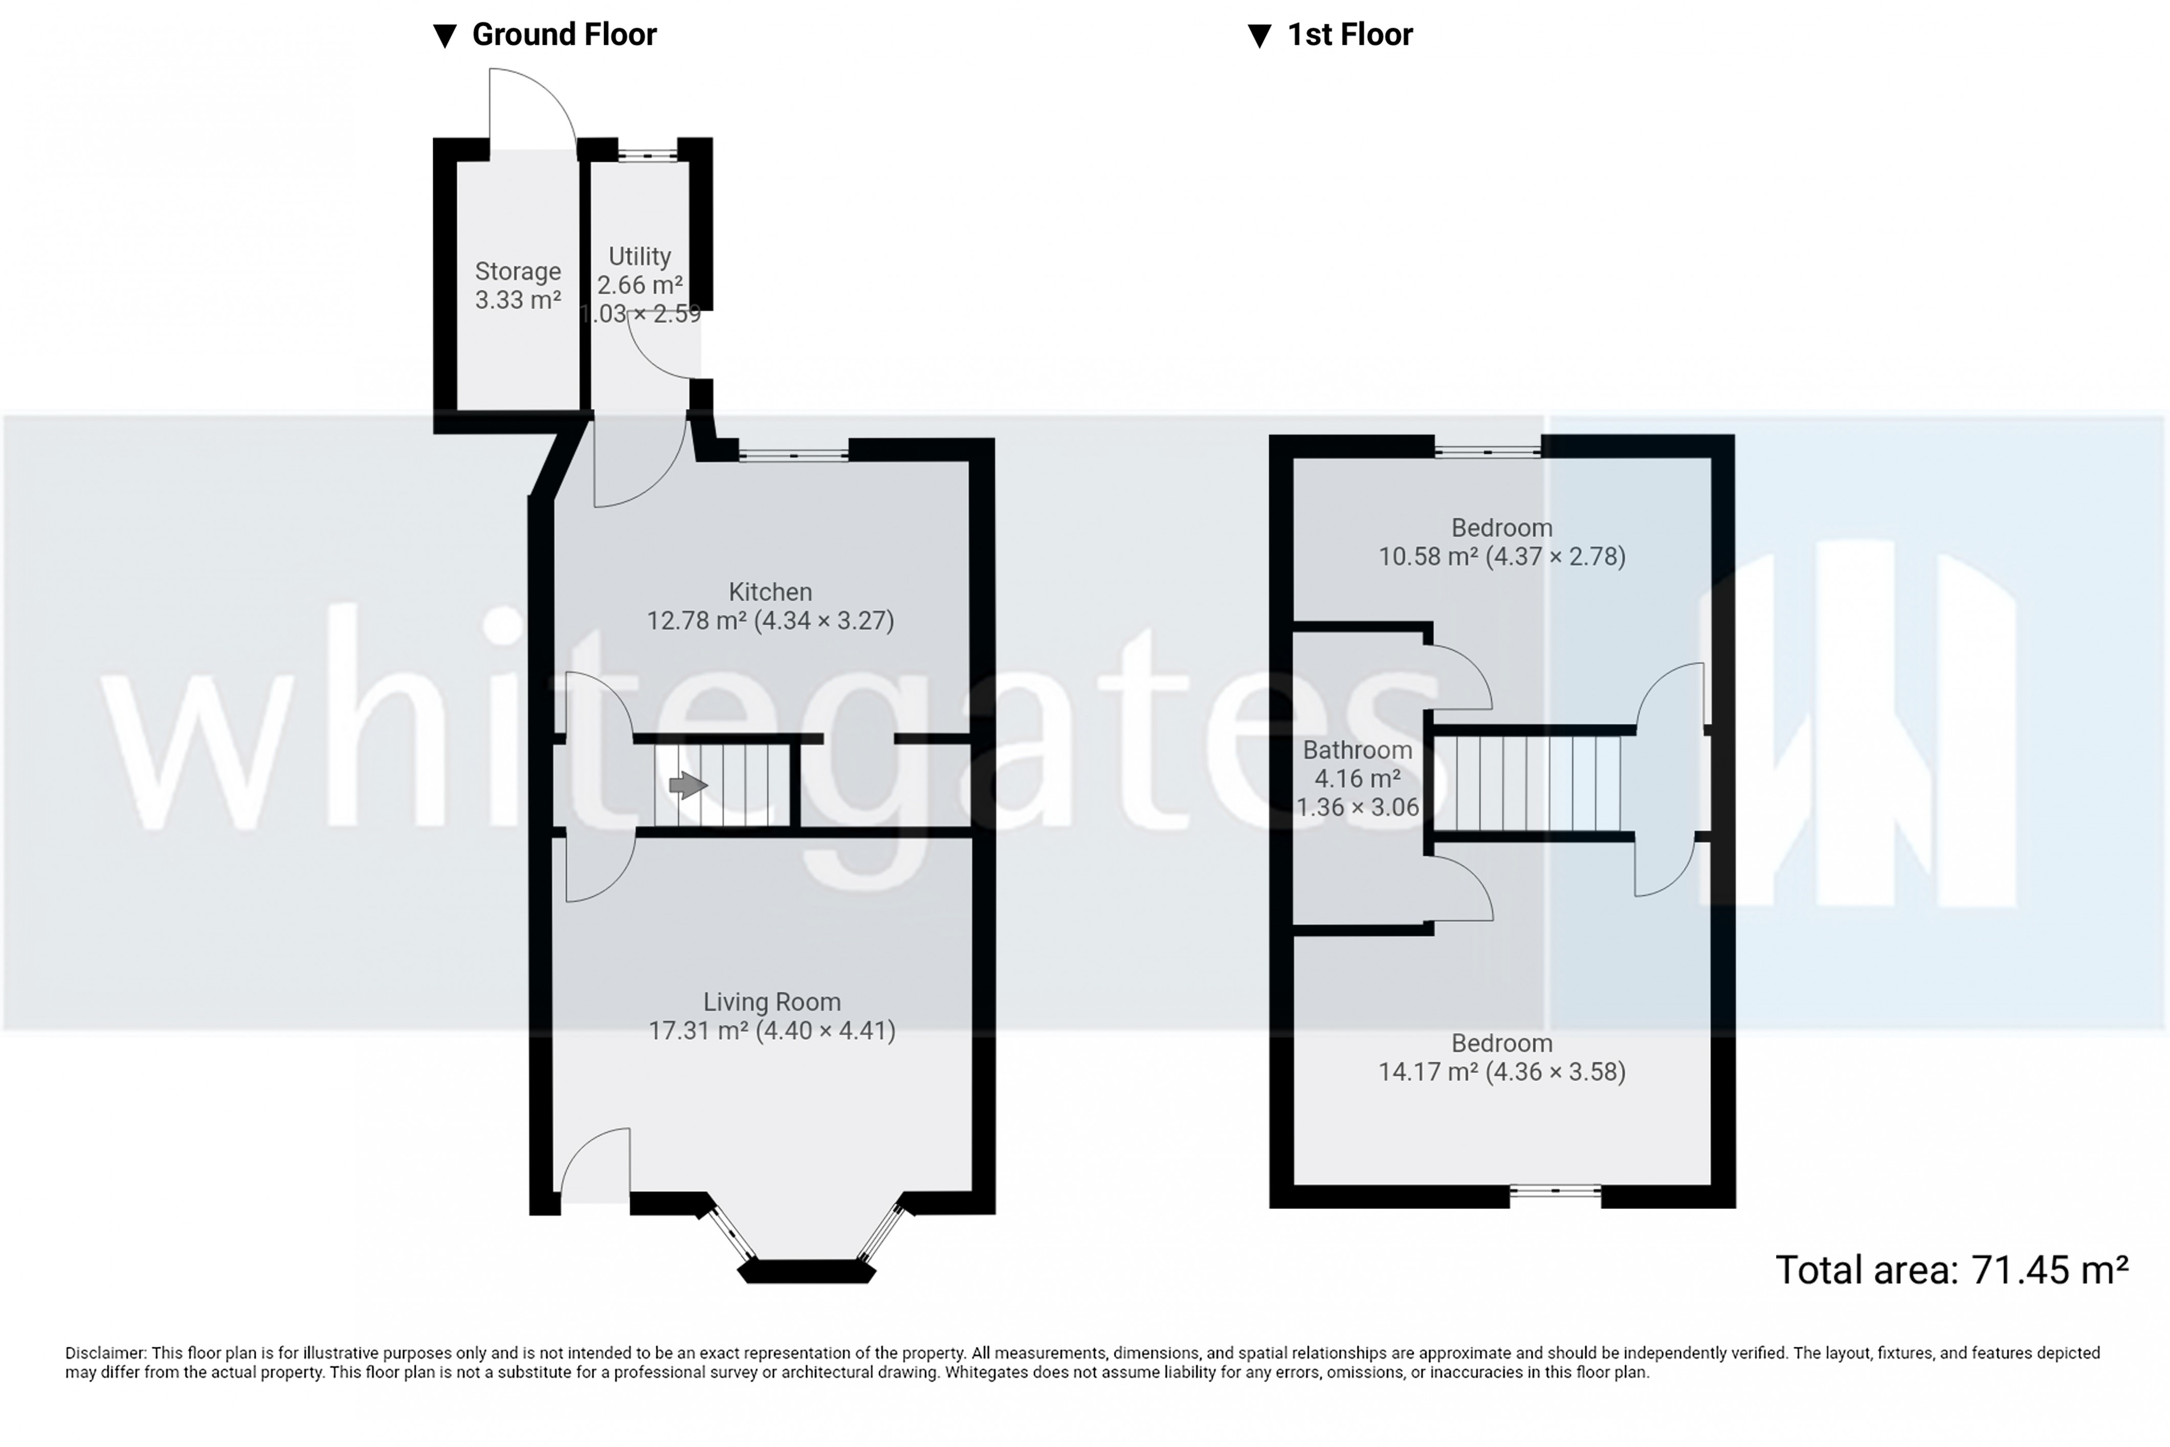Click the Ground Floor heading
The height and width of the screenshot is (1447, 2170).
pyautogui.click(x=564, y=35)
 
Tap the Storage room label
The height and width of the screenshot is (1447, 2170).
pyautogui.click(x=518, y=271)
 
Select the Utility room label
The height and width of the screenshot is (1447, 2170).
pyautogui.click(x=639, y=256)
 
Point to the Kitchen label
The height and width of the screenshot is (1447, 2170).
pyautogui.click(x=770, y=591)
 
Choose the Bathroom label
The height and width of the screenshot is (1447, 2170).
pyautogui.click(x=1357, y=750)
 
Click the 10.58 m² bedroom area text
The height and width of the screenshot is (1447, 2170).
pyautogui.click(x=1501, y=557)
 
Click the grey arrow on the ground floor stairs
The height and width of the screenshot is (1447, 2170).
pyautogui.click(x=688, y=785)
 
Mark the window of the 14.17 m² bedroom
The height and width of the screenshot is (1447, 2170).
pyautogui.click(x=1556, y=1191)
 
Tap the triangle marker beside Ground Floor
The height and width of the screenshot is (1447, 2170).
pyautogui.click(x=446, y=36)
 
